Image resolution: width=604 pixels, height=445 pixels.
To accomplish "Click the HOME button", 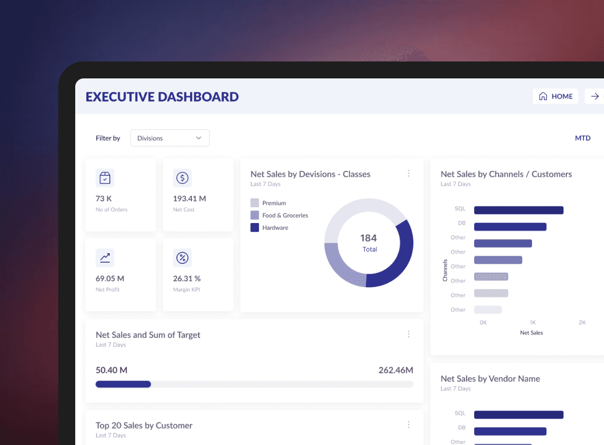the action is [555, 96].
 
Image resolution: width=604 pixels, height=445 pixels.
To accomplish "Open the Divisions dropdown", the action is [170, 138].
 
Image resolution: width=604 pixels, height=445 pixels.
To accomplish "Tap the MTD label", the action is [582, 138].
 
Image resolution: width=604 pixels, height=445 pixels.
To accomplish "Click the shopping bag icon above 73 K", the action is [105, 178].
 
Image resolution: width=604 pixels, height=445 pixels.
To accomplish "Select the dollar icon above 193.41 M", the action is [182, 178].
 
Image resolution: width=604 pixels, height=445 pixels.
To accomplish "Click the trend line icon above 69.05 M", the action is [105, 258].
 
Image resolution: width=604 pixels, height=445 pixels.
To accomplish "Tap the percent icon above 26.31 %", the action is [182, 258].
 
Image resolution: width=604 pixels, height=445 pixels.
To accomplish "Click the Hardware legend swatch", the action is [255, 228].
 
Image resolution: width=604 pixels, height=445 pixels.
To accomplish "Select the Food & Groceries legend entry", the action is [279, 216].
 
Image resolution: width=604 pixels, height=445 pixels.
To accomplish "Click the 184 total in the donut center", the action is [369, 238].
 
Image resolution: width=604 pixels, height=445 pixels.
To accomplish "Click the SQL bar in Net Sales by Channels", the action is [519, 210].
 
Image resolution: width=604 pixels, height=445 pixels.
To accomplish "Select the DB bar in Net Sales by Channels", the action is [510, 227].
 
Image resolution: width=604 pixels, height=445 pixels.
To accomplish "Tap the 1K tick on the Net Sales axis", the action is [532, 323].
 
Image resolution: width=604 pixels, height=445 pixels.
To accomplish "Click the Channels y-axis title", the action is [445, 270].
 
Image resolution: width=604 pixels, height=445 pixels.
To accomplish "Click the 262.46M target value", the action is [396, 370].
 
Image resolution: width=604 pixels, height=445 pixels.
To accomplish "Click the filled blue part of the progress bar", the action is [123, 384].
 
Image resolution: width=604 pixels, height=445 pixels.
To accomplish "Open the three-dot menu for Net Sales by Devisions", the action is [408, 173].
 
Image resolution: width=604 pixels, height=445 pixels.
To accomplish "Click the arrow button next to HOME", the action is [595, 96].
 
